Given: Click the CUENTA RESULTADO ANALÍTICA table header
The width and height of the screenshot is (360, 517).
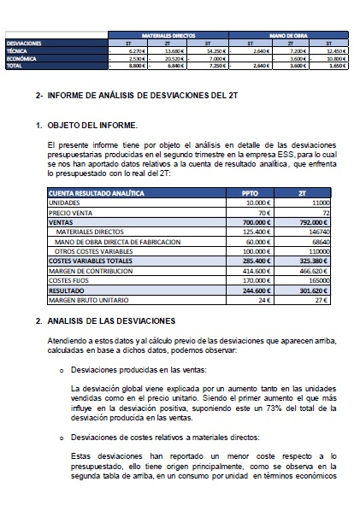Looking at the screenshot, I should (x=97, y=193).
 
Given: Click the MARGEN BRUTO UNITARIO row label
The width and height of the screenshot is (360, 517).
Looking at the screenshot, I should (x=86, y=300).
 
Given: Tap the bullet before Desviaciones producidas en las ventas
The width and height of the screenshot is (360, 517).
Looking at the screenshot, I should (x=61, y=372).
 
